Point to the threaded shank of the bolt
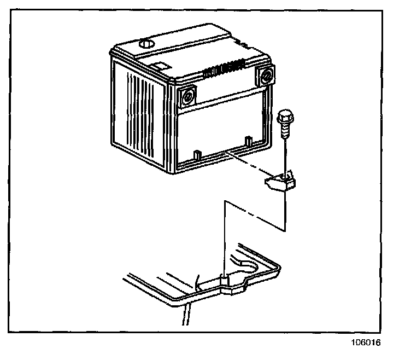click(285, 131)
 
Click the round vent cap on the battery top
click(146, 44)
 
